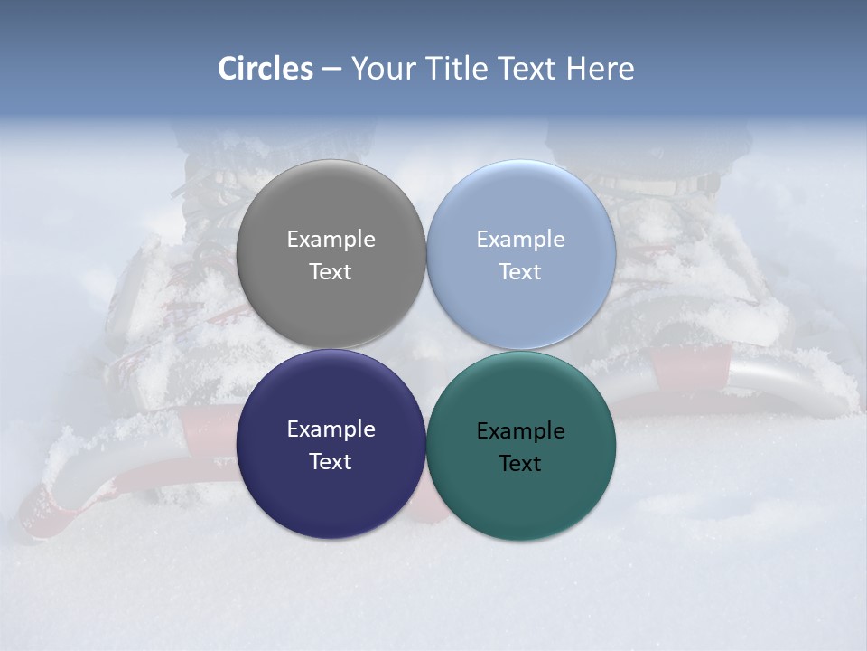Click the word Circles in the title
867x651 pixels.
coord(265,69)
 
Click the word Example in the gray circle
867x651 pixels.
coord(331,240)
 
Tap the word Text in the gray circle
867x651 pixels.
coord(331,272)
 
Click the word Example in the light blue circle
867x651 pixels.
coord(520,240)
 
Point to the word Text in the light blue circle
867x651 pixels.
coord(520,272)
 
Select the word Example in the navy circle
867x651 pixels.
coord(331,429)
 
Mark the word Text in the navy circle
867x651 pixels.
coord(331,462)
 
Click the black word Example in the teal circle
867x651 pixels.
coord(520,431)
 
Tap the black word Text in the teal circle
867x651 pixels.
coord(520,464)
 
